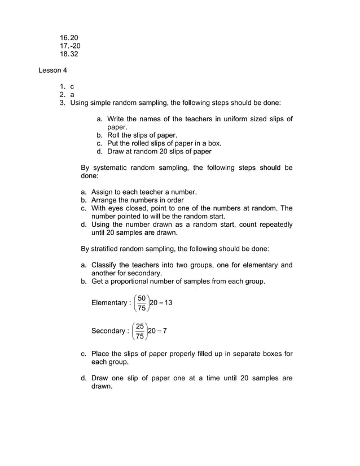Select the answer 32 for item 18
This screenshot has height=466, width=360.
point(74,54)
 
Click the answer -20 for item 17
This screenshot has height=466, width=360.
point(74,46)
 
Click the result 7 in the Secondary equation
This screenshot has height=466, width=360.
point(165,331)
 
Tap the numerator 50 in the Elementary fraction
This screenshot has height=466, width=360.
point(142,298)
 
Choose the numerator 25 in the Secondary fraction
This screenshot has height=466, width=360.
point(140,326)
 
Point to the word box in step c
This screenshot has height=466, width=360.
point(214,143)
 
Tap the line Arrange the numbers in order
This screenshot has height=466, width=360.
point(138,200)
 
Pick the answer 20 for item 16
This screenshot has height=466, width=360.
point(74,37)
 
